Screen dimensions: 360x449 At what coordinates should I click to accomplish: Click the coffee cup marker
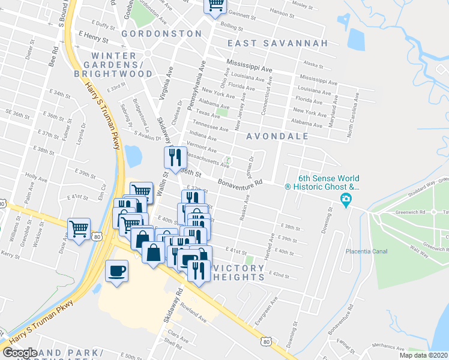117,270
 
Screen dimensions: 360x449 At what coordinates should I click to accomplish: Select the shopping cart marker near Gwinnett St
215,5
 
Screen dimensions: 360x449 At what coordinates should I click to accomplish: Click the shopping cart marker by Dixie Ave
79,229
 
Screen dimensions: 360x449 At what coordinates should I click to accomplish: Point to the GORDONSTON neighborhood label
161,34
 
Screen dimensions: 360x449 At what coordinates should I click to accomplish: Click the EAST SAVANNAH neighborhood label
278,43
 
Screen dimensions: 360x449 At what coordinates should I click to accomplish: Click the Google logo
20,353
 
